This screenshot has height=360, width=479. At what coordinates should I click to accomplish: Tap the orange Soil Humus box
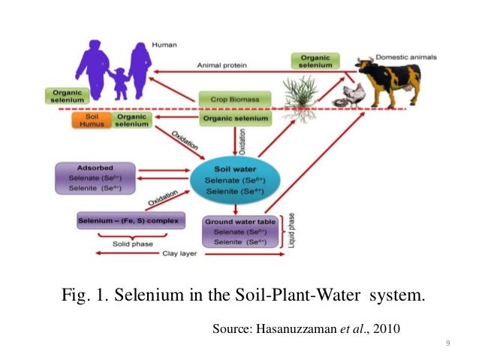92,120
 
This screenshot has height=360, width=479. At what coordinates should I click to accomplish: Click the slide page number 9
447,343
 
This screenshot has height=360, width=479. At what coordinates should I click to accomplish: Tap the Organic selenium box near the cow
319,61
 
